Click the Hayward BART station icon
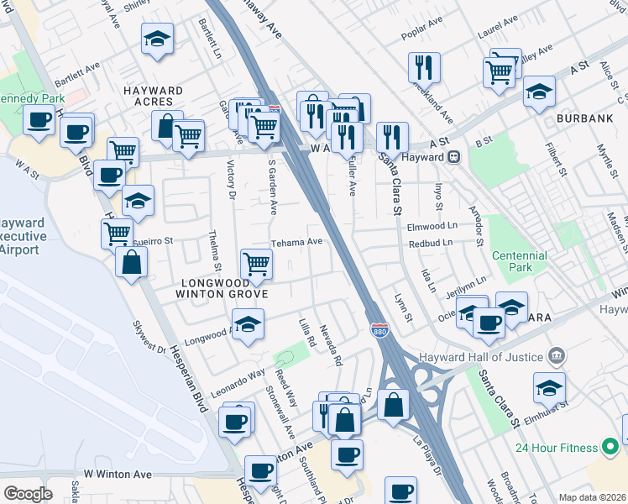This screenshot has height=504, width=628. pos(454,156)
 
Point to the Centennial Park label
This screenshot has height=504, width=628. pos(519,261)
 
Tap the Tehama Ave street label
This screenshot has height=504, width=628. pos(296,242)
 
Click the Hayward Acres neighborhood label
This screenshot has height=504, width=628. pos(153,96)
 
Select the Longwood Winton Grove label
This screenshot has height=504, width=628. pos(221,288)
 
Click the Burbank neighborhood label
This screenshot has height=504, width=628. pos(584,119)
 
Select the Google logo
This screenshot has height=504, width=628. pos(28,493)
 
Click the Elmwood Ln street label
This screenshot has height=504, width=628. pos(430,226)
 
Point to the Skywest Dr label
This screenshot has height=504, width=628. pos(150,337)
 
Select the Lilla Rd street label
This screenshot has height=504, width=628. pos(307,333)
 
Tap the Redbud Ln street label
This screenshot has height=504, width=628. pos(430,243)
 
